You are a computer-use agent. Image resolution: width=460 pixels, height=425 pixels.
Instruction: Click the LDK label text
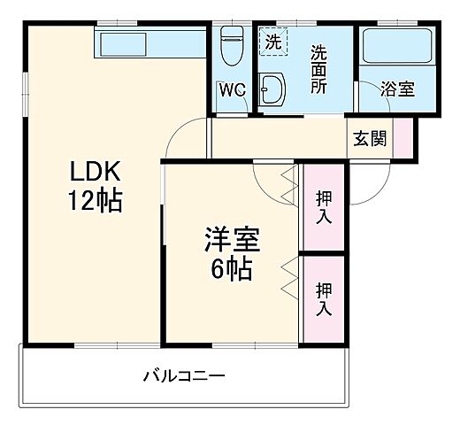96,172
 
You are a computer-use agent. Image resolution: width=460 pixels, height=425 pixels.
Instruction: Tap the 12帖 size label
96,199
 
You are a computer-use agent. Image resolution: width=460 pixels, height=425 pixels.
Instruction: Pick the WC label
232,89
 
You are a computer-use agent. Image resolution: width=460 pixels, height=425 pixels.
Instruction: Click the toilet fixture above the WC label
232,44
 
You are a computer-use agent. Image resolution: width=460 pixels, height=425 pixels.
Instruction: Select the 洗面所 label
318,68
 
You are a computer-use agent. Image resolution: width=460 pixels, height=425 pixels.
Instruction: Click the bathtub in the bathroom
396,49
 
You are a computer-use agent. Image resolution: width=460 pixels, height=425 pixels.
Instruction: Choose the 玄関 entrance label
370,139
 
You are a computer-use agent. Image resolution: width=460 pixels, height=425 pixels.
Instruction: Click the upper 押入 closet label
324,205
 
